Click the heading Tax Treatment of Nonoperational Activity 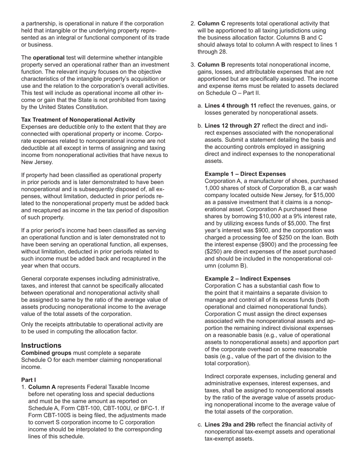pos(78,120)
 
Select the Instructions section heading pos(41,345)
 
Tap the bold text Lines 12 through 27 pos(232,125)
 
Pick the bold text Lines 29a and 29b pos(230,425)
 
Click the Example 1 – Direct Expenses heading pos(245,174)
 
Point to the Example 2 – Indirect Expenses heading pos(247,278)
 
